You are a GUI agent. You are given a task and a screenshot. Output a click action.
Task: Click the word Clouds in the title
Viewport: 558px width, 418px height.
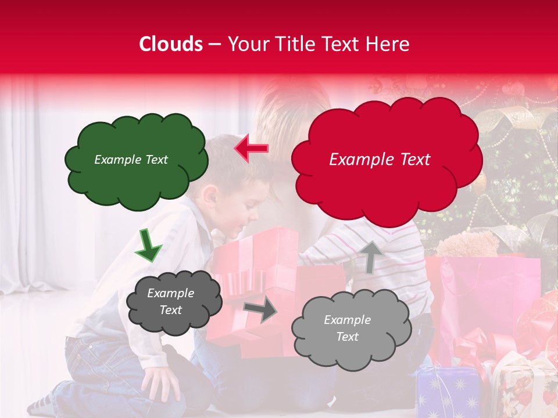(x=171, y=45)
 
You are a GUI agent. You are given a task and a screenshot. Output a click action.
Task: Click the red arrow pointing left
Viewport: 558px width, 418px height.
(x=251, y=149)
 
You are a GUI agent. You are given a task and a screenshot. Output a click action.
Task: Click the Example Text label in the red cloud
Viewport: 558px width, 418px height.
(x=380, y=160)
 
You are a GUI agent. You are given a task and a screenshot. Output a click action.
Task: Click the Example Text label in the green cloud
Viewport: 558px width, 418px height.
(x=131, y=160)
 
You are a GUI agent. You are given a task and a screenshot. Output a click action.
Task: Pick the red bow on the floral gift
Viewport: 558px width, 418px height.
(x=474, y=348)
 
